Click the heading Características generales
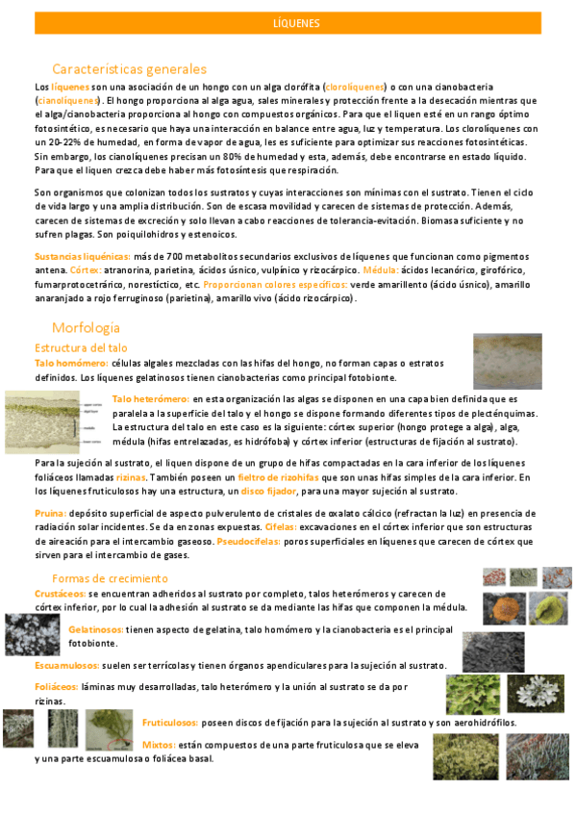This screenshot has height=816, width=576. pos(129,69)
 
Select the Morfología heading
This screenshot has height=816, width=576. pos(86,327)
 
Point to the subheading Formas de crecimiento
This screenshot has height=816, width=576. pos(110,578)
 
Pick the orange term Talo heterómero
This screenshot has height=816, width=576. pos(150,398)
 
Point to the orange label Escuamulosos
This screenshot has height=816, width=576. pos(67,666)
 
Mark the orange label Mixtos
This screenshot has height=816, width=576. pos(159,744)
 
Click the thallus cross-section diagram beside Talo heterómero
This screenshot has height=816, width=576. pos(55,421)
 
